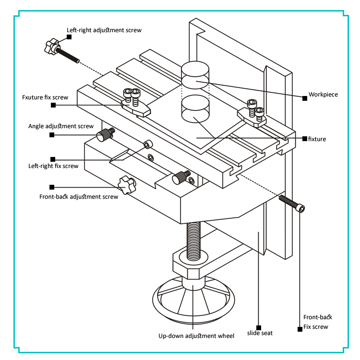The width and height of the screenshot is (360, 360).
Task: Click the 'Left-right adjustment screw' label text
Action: tap(104, 30)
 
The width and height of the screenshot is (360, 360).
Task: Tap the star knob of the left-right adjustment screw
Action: tap(51, 47)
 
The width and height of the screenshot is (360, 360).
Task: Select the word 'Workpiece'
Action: tap(323, 95)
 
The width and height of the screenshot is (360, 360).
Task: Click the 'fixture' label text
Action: tap(317, 139)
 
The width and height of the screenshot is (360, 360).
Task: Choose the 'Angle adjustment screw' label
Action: tap(61, 126)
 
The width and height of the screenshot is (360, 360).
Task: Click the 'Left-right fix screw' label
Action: tap(53, 166)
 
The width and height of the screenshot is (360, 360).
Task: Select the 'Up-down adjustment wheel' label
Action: tap(196, 336)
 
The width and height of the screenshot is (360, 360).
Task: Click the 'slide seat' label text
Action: tap(260, 333)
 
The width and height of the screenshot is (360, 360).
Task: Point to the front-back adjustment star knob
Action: tap(126, 185)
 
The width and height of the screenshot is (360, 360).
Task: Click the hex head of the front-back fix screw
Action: tap(301, 207)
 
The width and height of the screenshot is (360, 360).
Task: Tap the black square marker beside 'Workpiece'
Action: tap(304, 98)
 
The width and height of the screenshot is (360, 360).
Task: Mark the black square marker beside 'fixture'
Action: tap(304, 139)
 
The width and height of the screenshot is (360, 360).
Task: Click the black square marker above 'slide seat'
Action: tap(259, 325)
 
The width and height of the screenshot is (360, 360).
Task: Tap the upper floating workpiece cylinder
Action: tap(195, 75)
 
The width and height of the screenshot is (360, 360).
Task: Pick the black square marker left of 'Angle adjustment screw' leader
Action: tap(52, 135)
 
